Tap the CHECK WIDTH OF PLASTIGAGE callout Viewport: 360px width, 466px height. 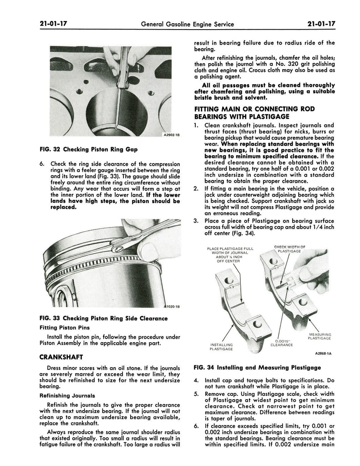coord(289,248)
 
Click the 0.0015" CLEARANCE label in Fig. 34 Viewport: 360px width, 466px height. coord(281,342)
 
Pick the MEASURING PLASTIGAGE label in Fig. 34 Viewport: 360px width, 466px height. coord(319,336)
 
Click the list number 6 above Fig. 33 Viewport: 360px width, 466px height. coord(42,164)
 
